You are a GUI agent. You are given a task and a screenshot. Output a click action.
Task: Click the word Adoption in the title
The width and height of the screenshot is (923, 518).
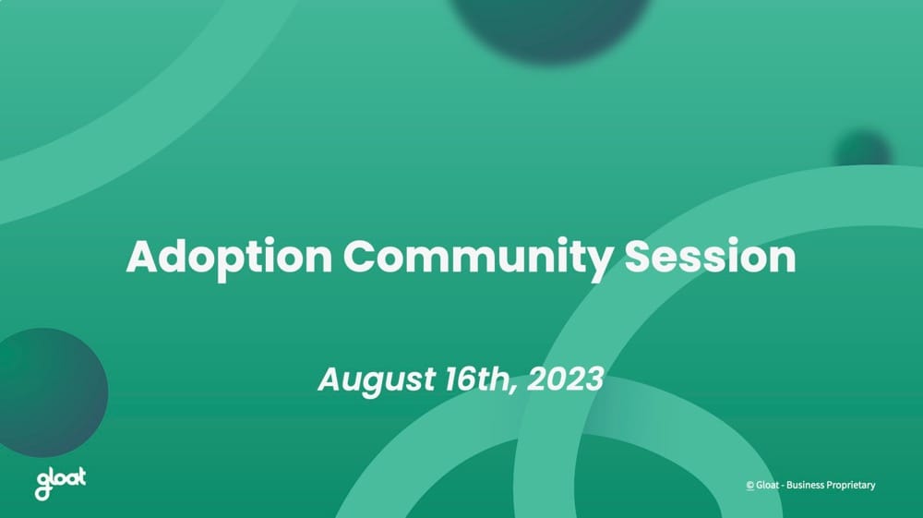(228, 257)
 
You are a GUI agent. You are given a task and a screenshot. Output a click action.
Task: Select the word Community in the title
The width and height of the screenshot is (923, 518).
(478, 257)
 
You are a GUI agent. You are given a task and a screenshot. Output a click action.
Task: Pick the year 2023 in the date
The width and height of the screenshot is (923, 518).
(566, 379)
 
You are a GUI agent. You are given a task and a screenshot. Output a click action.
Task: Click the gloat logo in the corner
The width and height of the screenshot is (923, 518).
(60, 482)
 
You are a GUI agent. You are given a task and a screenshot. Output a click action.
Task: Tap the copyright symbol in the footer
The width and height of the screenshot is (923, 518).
(749, 486)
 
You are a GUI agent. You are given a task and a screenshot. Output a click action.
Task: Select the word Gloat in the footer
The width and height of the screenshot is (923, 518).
(767, 486)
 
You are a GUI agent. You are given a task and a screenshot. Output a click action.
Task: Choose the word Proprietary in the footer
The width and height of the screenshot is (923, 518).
(850, 486)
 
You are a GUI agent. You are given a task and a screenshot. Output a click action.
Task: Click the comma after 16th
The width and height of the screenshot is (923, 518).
(513, 389)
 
